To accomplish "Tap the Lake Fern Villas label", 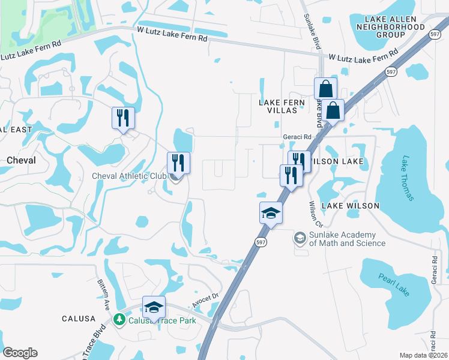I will click(x=278, y=107).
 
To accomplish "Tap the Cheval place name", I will click(x=21, y=160).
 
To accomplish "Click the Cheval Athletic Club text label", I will click(x=128, y=176).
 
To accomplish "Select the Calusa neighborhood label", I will click(x=79, y=319).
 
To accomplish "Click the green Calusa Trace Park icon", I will click(x=119, y=319).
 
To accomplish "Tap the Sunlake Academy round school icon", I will click(x=300, y=238).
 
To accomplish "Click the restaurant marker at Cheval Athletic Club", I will click(x=178, y=162).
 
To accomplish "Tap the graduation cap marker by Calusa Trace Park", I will click(x=154, y=307).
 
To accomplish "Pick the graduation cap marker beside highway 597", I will click(x=271, y=212).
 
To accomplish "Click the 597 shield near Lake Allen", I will click(x=391, y=72).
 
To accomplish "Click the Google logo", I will click(x=20, y=353).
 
